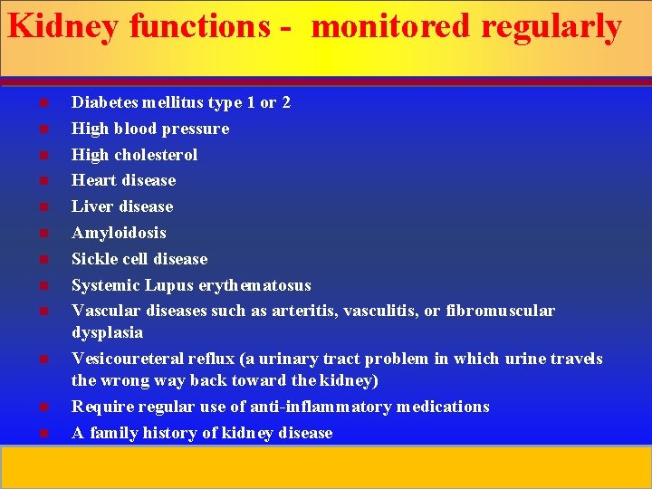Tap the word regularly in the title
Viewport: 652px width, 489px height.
[551, 27]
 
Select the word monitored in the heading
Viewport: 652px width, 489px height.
[391, 27]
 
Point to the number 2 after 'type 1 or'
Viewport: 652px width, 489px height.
[286, 102]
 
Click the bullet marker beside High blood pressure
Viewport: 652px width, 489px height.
[43, 129]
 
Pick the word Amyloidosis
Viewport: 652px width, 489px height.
[119, 233]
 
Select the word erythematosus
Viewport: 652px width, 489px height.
[255, 285]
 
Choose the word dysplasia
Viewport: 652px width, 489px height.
[107, 332]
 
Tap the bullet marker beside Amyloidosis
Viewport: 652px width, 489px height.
[43, 233]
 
